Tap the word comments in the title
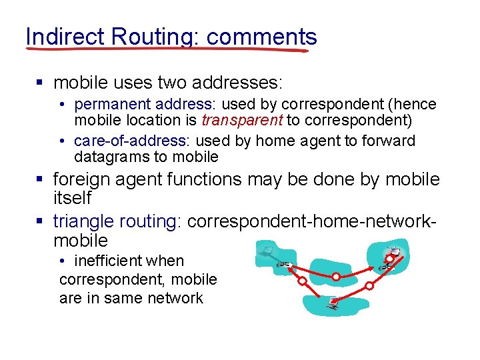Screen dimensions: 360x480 pyautogui.click(x=262, y=37)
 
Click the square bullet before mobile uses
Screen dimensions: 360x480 pyautogui.click(x=39, y=84)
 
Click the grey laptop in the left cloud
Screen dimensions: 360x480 pyautogui.click(x=268, y=251)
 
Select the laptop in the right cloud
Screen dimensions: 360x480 pyautogui.click(x=394, y=252)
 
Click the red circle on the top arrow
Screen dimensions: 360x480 pyautogui.click(x=336, y=276)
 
